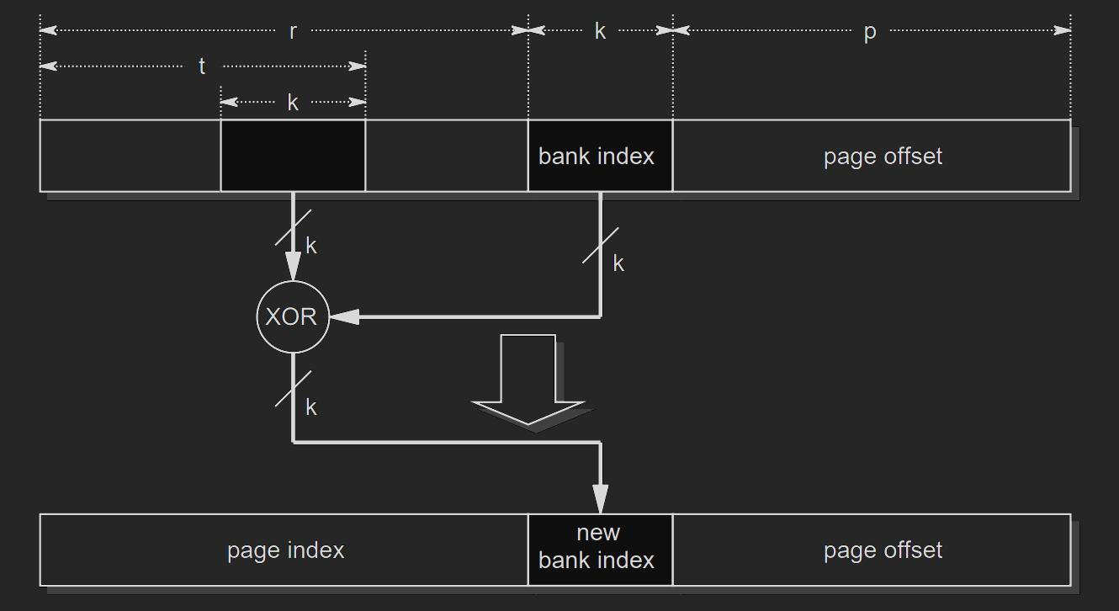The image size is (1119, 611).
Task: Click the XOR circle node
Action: [x=292, y=317]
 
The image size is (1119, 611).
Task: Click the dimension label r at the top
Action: [x=293, y=32]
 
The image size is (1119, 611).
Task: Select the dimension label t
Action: [x=202, y=66]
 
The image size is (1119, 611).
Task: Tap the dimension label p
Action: [x=870, y=32]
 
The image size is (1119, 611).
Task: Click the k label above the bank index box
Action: [x=600, y=32]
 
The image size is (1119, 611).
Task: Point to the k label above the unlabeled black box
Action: [x=293, y=103]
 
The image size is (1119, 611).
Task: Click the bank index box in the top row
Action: [x=600, y=156]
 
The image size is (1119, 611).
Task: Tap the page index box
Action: [x=284, y=550]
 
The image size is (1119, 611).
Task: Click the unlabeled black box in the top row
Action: [x=293, y=156]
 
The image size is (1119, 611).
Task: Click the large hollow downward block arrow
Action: [x=528, y=379]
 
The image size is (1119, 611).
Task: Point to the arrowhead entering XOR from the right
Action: [x=345, y=317]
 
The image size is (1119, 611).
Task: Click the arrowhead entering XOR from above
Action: [x=293, y=267]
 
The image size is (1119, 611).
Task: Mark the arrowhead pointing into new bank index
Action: [x=600, y=499]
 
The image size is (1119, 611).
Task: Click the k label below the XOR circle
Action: [x=311, y=407]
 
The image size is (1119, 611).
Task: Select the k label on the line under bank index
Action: [x=618, y=263]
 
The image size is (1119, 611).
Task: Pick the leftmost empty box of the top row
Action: [x=130, y=156]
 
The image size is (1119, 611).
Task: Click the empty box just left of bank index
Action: [x=446, y=156]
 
